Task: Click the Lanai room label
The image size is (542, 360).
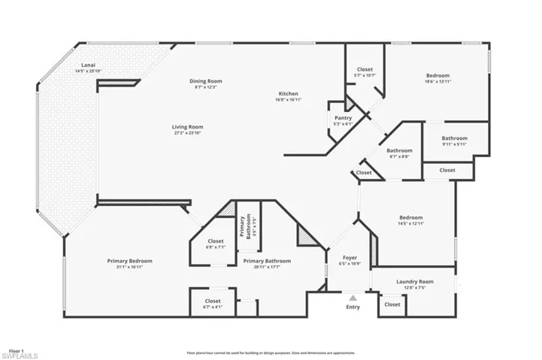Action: click(x=88, y=66)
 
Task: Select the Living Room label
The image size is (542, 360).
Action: click(x=188, y=127)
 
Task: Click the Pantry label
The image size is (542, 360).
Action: click(x=344, y=118)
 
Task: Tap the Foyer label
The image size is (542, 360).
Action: click(x=350, y=257)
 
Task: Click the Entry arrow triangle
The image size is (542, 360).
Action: click(x=353, y=298)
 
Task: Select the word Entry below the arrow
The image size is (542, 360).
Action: click(x=353, y=307)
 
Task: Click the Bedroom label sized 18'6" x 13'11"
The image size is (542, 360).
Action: click(x=438, y=75)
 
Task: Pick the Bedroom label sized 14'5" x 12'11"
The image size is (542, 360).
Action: click(x=410, y=217)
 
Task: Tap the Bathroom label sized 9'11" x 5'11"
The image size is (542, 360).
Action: click(x=454, y=138)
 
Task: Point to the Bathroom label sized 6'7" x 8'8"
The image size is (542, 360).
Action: click(x=399, y=150)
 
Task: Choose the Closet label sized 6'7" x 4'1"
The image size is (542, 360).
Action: click(x=213, y=301)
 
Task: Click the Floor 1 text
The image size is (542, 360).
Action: click(x=17, y=349)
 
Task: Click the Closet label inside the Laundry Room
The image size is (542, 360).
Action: click(x=392, y=304)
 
